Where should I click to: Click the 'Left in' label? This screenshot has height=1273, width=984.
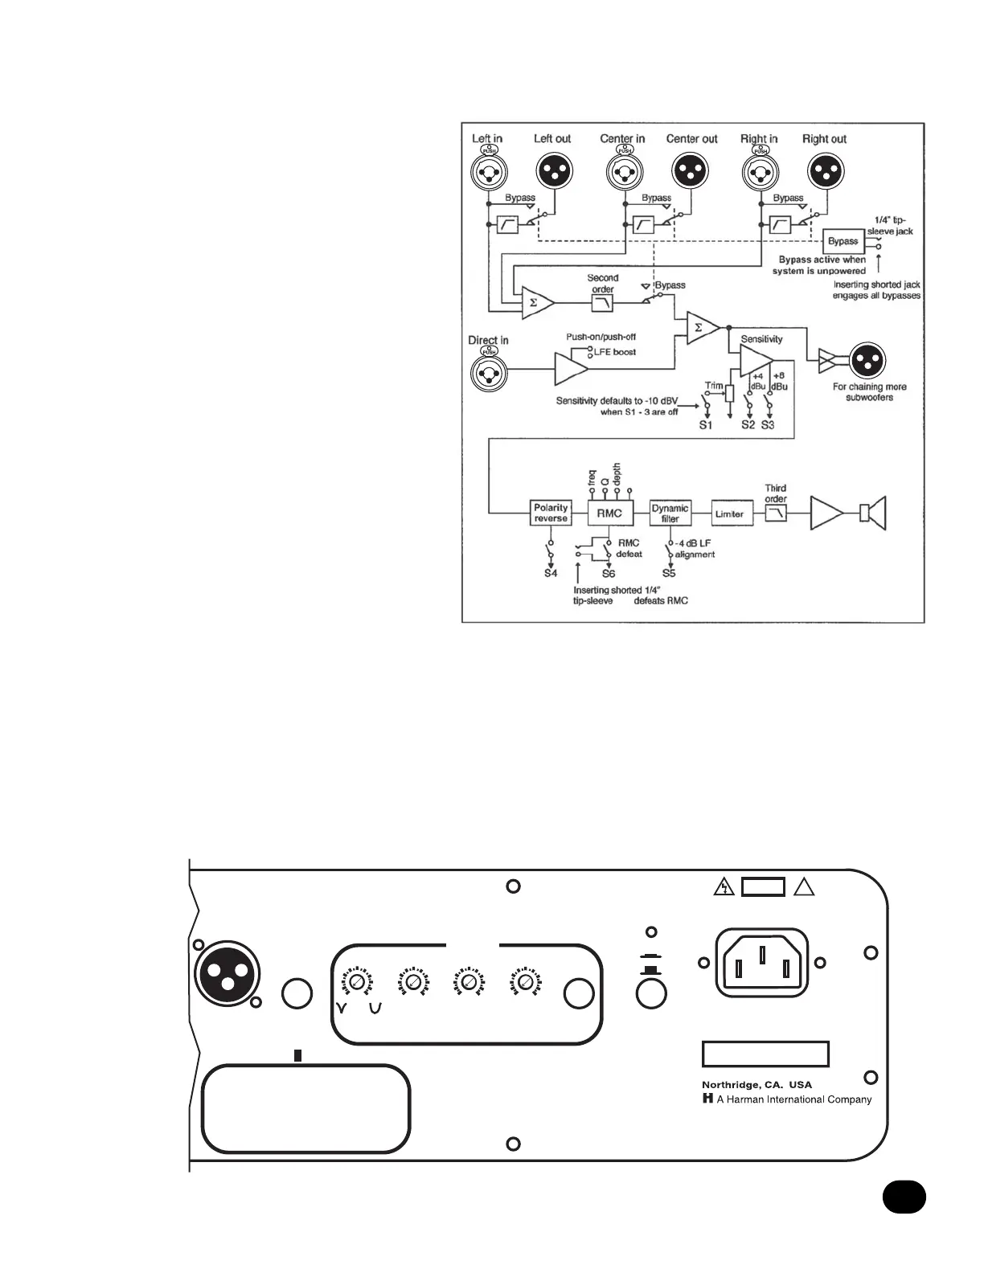486,139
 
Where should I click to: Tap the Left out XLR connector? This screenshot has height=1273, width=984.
553,171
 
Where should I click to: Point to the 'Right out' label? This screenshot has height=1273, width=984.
824,139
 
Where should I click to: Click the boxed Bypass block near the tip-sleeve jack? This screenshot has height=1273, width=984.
843,241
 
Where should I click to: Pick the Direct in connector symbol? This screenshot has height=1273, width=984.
488,372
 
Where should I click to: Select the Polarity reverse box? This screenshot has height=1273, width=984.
551,513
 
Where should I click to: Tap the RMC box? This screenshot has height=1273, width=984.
609,513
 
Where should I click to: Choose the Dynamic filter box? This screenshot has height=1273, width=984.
670,513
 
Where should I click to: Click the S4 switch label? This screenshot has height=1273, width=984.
551,573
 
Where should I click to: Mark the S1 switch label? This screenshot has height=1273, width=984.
705,424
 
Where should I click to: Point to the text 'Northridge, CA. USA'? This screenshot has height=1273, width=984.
756,1084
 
